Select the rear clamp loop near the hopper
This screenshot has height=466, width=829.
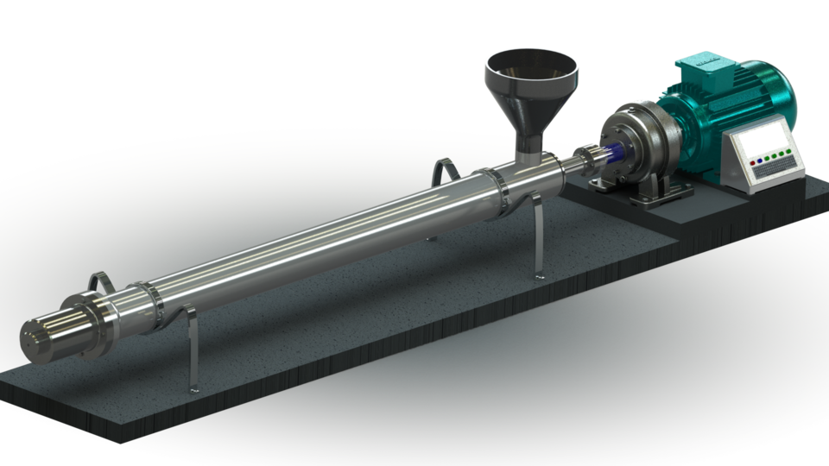click(x=445, y=169)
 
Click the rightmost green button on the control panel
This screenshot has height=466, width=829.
click(x=789, y=152)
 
